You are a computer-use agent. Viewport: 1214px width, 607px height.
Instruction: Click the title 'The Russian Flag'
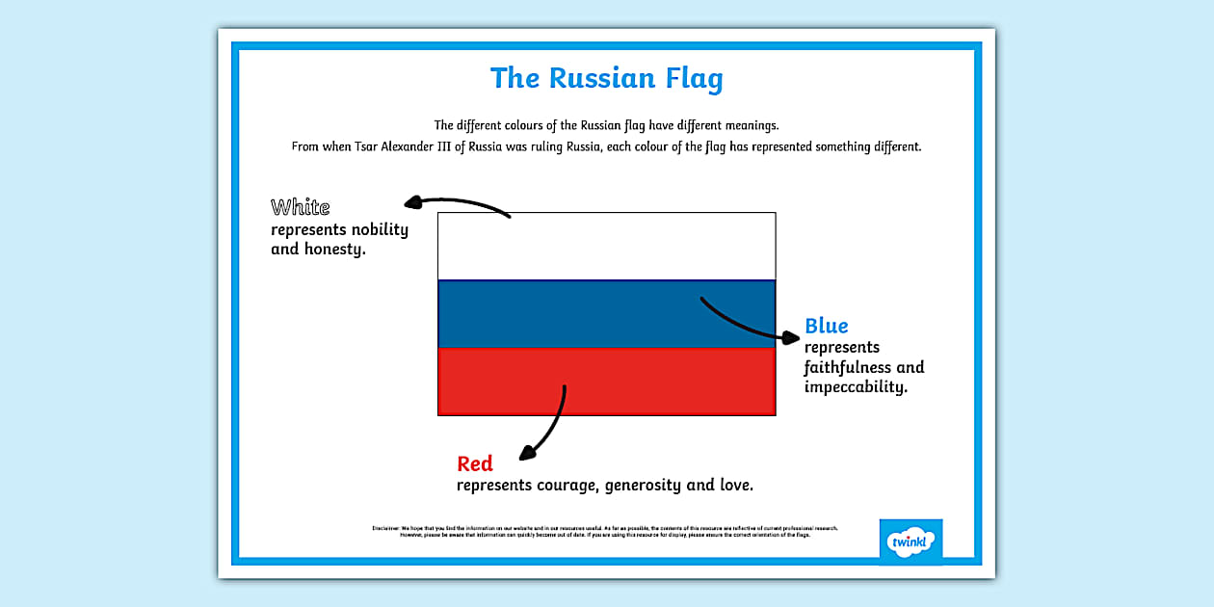pyautogui.click(x=606, y=78)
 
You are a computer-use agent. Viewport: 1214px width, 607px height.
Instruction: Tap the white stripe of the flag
pyautogui.click(x=606, y=247)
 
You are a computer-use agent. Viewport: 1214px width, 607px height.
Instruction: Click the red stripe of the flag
pyautogui.click(x=606, y=382)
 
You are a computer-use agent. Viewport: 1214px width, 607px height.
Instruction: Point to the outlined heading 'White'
pyautogui.click(x=300, y=207)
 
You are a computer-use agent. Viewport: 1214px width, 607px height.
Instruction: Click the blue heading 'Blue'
pyautogui.click(x=827, y=326)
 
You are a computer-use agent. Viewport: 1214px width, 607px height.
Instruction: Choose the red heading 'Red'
pyautogui.click(x=475, y=464)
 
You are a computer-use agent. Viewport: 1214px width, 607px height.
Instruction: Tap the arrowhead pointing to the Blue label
pyautogui.click(x=791, y=337)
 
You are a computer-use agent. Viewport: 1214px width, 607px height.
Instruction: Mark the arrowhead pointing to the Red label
pyautogui.click(x=526, y=452)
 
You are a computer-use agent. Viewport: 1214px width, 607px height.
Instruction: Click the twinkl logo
pyautogui.click(x=910, y=541)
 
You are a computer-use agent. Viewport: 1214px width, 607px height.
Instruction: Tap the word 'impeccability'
pyautogui.click(x=856, y=387)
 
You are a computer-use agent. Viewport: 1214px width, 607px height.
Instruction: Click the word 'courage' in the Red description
pyautogui.click(x=570, y=486)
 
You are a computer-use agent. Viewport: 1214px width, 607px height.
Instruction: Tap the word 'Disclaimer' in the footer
pyautogui.click(x=385, y=528)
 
